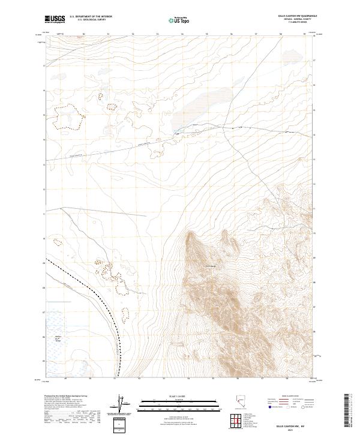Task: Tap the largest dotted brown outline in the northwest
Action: [67, 117]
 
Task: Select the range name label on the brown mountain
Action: [211, 266]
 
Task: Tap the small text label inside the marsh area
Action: [59, 340]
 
